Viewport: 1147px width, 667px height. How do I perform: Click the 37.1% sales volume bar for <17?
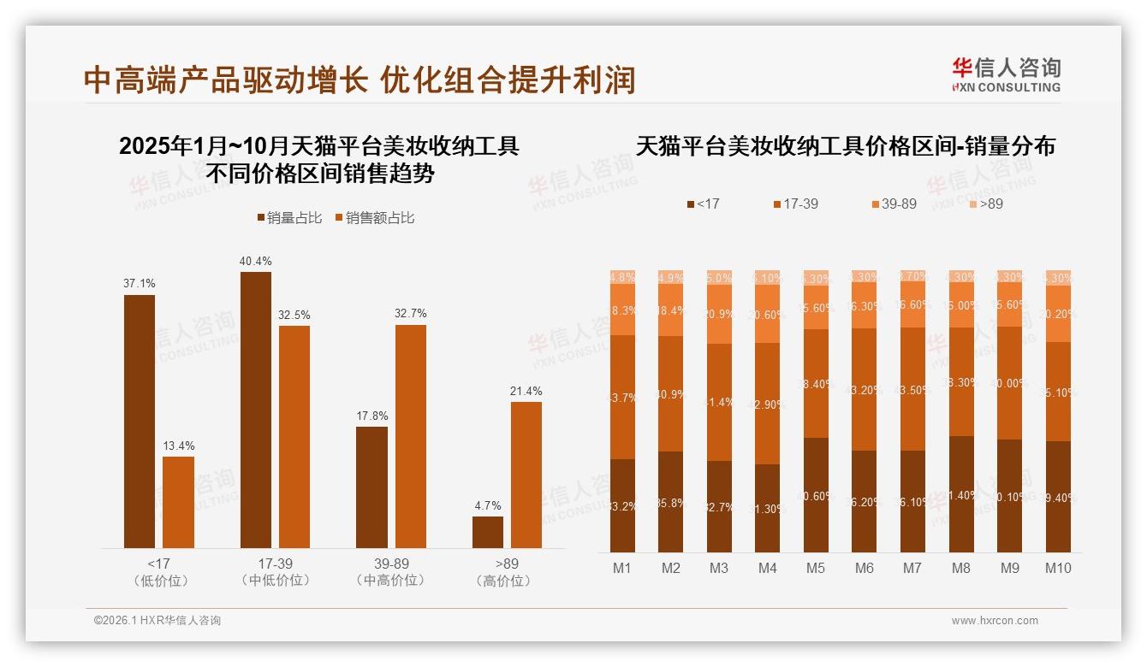(140, 421)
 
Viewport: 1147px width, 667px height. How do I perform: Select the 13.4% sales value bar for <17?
(178, 502)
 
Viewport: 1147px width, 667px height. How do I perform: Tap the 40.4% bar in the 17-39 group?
(256, 410)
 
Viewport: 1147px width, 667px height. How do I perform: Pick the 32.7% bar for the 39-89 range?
(410, 436)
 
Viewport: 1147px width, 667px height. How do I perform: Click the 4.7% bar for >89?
(488, 532)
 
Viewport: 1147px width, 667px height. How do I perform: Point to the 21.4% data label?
(526, 392)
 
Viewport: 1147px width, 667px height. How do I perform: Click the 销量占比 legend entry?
(290, 218)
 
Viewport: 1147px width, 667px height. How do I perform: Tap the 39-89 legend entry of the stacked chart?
(894, 204)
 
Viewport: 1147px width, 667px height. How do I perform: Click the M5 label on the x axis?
(815, 568)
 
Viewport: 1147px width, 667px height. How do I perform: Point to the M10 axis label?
(1058, 568)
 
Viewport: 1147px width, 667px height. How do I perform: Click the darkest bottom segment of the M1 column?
(622, 505)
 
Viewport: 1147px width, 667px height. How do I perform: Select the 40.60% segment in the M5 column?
(816, 494)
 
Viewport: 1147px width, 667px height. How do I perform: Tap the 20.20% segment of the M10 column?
(1058, 314)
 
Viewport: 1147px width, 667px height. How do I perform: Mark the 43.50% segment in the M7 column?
(912, 389)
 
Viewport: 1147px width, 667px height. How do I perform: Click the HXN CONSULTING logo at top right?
(1006, 75)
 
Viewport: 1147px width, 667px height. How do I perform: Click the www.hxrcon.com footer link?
(995, 621)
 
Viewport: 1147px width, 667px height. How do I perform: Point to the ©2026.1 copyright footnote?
(157, 621)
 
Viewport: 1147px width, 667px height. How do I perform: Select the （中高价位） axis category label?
(390, 581)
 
